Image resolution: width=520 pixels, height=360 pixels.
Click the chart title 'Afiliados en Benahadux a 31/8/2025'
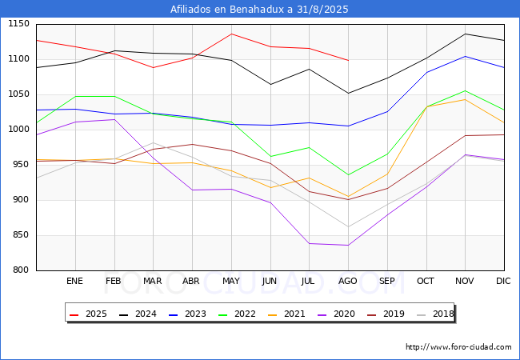click(x=259, y=10)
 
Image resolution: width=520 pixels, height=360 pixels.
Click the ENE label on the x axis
click(x=74, y=281)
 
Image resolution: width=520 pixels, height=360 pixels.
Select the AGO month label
click(x=348, y=281)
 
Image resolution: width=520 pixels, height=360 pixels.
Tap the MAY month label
click(x=231, y=281)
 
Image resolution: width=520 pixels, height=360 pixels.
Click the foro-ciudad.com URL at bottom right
click(x=458, y=347)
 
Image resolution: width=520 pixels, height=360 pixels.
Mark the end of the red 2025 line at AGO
click(x=348, y=60)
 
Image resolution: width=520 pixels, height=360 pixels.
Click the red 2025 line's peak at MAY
click(x=231, y=34)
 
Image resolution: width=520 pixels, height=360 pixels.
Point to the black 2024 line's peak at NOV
click(x=465, y=34)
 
